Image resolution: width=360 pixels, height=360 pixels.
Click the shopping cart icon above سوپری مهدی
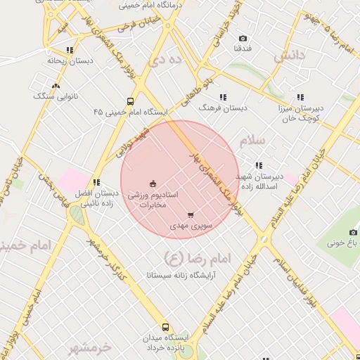(x=191, y=215)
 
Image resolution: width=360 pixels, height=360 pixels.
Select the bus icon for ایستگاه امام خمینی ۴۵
(x=130, y=101)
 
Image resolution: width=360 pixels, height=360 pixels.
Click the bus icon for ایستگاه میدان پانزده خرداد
(x=166, y=327)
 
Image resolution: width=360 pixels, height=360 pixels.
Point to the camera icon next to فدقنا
(x=243, y=38)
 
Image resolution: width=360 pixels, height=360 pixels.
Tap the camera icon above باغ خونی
(x=353, y=232)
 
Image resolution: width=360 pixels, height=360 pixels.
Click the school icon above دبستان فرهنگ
(x=223, y=97)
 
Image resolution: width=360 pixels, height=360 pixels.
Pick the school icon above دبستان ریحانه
(x=69, y=50)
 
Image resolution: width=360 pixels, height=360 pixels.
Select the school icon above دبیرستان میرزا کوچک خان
(x=300, y=97)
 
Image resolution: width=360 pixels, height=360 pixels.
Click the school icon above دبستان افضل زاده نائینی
(x=96, y=183)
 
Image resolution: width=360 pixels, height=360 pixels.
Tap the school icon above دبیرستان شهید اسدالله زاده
(x=259, y=165)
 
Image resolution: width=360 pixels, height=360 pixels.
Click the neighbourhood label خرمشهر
(x=91, y=348)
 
